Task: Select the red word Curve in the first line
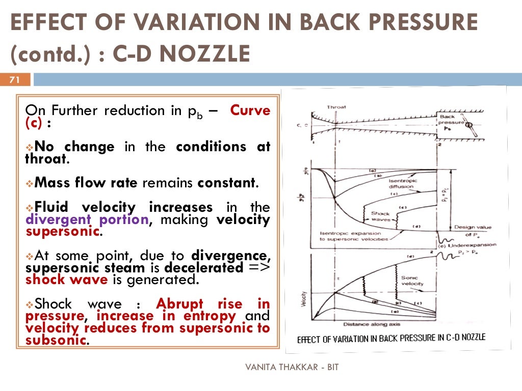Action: pyautogui.click(x=250, y=110)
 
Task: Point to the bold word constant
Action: pyautogui.click(x=226, y=183)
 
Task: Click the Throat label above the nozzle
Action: pyautogui.click(x=336, y=107)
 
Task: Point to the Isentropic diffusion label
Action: pyautogui.click(x=403, y=184)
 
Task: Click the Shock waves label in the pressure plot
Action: pyautogui.click(x=380, y=217)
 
